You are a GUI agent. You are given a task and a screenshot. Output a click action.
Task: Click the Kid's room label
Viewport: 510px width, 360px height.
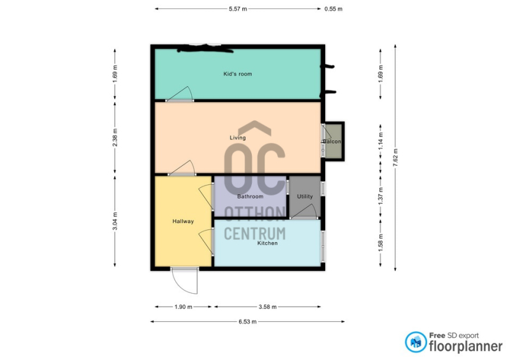pos(237,74)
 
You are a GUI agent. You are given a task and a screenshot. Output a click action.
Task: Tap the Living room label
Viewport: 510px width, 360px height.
pos(237,138)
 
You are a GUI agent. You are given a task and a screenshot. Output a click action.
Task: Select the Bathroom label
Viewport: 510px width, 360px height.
pos(250,196)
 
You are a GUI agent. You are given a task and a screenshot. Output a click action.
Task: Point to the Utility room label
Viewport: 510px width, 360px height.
pos(305,196)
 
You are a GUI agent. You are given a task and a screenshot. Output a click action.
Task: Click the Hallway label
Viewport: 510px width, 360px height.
pos(183,221)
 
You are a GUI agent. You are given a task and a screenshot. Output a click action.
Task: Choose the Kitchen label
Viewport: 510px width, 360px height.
pos(267,243)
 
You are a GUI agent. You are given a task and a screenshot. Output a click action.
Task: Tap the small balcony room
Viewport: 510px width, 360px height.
pos(333,141)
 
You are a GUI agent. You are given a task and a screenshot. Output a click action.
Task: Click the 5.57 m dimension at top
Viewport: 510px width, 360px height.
pos(238,9)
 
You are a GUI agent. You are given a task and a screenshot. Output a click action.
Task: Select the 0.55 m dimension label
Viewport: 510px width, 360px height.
pos(333,9)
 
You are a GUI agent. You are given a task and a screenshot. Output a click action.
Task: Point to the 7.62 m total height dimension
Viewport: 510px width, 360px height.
pos(395,157)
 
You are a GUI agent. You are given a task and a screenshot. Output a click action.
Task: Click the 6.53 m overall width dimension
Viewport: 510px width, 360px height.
pos(247,322)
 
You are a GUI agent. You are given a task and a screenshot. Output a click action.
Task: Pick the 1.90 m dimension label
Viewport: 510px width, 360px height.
pos(184,306)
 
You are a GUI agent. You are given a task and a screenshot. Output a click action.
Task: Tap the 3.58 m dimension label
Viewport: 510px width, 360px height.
pos(268,306)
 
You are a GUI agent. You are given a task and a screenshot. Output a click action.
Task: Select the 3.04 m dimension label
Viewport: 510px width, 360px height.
pos(115,221)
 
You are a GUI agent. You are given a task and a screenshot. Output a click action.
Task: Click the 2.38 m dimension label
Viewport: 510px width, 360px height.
pos(115,138)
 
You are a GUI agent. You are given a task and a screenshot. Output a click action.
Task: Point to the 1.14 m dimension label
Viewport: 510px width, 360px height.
pos(381,141)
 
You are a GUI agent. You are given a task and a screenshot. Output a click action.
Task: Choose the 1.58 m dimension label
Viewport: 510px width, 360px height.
pos(381,243)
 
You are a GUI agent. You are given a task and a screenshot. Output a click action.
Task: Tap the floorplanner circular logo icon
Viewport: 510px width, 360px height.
pos(416,342)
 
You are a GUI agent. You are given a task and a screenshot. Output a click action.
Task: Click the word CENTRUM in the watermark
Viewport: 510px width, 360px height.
pos(254,233)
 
